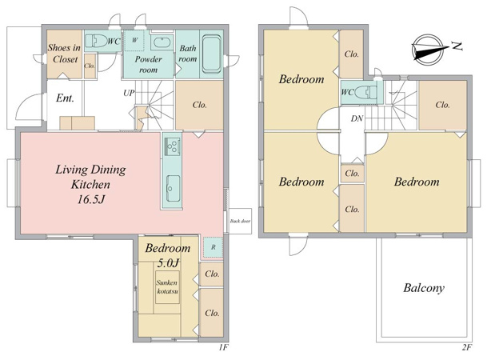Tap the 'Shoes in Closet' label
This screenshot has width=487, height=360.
click(x=64, y=54)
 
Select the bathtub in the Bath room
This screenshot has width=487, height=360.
click(x=211, y=53)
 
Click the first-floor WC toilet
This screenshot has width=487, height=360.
click(x=96, y=41)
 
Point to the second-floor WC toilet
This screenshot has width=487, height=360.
click(x=365, y=92)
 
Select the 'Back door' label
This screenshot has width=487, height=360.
click(x=240, y=221)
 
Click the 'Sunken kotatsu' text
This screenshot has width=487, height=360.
click(x=167, y=287)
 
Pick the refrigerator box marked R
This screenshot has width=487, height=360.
click(x=213, y=247)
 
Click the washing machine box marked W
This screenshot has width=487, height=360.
click(x=134, y=40)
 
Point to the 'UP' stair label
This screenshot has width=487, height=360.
click(x=129, y=93)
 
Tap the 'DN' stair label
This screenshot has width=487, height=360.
click(x=357, y=118)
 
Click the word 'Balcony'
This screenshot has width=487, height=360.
click(x=424, y=288)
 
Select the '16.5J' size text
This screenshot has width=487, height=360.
click(x=90, y=199)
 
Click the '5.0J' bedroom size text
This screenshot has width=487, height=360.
click(x=168, y=263)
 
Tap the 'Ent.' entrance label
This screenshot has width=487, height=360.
click(x=65, y=98)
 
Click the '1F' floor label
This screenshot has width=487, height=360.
click(x=223, y=347)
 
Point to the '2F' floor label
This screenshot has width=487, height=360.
click(x=467, y=347)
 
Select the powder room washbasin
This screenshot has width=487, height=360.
click(x=162, y=42)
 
